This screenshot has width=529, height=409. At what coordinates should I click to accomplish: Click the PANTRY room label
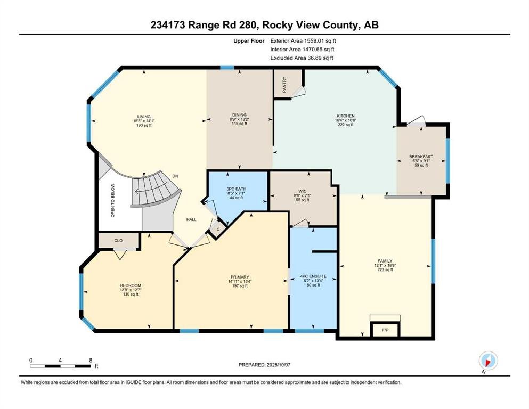click(x=284, y=85)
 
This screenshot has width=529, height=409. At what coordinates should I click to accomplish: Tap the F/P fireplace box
click(x=385, y=329)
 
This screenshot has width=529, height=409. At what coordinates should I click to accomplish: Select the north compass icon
click(x=488, y=361)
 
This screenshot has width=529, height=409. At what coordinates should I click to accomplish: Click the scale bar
click(x=60, y=366)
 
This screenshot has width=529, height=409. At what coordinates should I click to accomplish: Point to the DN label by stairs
click(x=175, y=176)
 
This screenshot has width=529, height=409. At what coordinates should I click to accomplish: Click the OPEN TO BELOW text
click(x=113, y=200)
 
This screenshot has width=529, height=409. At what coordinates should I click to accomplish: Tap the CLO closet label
click(x=118, y=240)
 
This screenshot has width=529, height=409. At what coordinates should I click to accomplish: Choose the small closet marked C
click(x=218, y=229)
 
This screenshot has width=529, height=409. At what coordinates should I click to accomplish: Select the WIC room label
click(x=303, y=191)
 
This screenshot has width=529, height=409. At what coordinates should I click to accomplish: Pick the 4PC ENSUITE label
click(x=313, y=276)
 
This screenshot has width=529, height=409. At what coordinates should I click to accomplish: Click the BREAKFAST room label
click(x=421, y=157)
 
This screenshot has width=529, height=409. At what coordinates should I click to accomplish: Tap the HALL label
click(x=191, y=219)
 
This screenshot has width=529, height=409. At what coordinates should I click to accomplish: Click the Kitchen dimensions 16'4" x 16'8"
click(x=346, y=120)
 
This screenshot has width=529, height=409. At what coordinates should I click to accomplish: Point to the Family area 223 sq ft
click(x=385, y=269)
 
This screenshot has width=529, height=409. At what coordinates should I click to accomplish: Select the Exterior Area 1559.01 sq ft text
click(x=303, y=41)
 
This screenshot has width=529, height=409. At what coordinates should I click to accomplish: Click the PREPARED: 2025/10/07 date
click(x=264, y=365)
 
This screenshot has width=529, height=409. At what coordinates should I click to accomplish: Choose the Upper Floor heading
click(x=249, y=41)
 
